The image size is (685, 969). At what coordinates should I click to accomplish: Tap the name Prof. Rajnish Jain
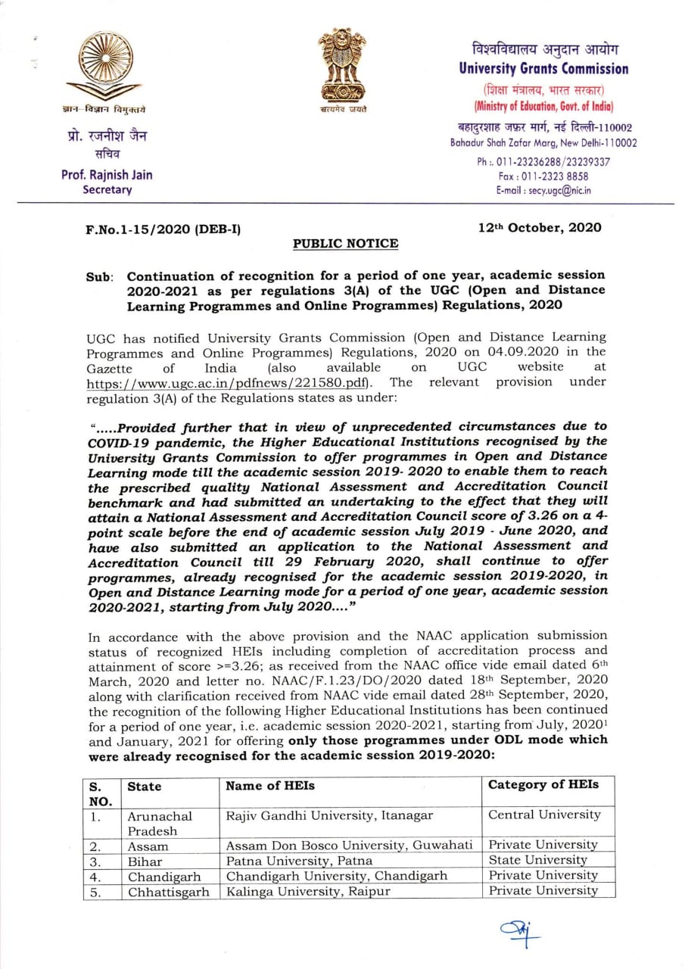tap(107, 175)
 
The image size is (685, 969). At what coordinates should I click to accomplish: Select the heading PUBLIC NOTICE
tap(345, 244)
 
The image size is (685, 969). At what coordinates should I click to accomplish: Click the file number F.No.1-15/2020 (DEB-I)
tap(163, 228)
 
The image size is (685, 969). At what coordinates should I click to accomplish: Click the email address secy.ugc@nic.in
tap(543, 191)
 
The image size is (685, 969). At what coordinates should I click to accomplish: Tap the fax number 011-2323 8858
tap(543, 176)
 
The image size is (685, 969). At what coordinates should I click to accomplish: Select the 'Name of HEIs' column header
tap(270, 786)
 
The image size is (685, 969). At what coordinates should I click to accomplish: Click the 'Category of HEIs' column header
tap(543, 784)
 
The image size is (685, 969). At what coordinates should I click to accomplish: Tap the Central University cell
tap(543, 815)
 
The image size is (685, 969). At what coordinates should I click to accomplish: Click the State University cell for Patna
tap(537, 860)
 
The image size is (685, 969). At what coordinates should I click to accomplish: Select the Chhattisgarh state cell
tap(168, 891)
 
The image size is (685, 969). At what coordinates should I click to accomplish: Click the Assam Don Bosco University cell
tap(349, 845)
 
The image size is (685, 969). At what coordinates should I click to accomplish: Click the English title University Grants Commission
tap(543, 69)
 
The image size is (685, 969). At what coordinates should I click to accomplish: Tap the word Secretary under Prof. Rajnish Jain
tap(107, 190)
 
